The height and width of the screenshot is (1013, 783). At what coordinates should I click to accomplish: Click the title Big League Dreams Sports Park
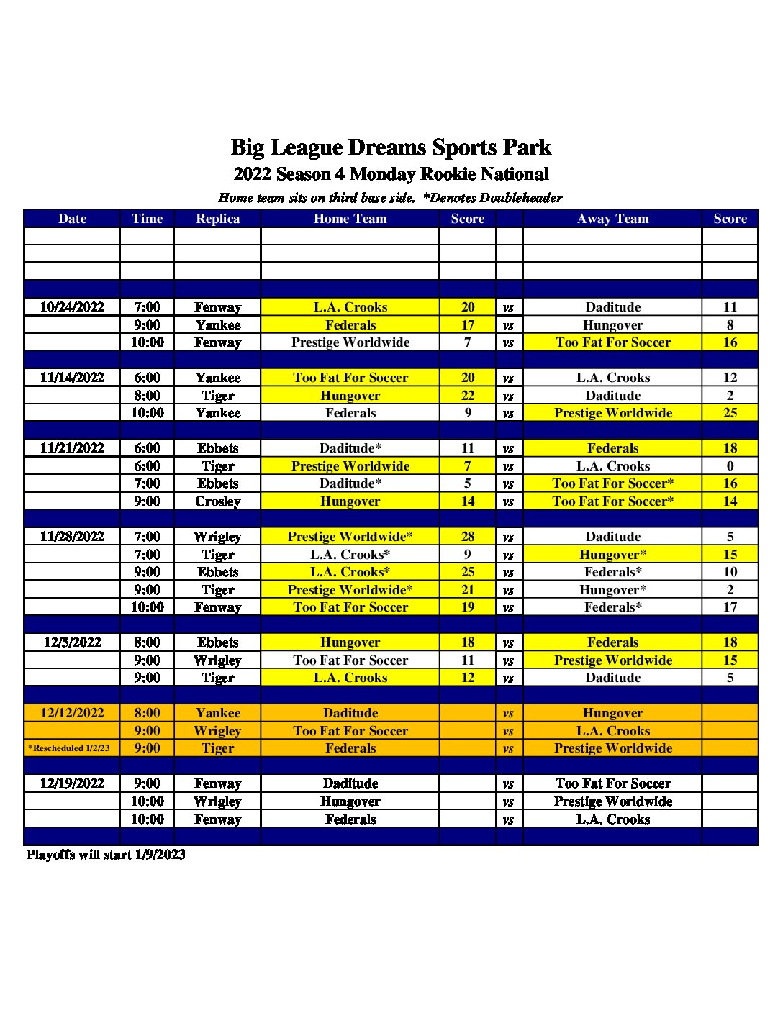click(391, 147)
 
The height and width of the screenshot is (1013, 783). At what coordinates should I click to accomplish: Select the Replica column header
click(217, 219)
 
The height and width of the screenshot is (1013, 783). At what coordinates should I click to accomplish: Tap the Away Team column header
click(612, 219)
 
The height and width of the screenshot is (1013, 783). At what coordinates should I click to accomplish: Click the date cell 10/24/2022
click(72, 307)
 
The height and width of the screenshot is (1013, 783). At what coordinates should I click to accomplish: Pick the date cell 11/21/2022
click(72, 448)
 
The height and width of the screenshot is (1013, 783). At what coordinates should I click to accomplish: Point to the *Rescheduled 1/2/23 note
click(69, 748)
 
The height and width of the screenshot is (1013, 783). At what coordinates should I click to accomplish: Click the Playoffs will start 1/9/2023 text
click(106, 855)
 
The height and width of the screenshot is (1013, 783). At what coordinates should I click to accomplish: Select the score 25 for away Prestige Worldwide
click(730, 413)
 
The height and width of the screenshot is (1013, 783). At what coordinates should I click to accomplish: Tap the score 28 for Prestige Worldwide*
click(468, 537)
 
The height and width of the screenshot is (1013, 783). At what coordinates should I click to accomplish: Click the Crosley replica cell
click(217, 501)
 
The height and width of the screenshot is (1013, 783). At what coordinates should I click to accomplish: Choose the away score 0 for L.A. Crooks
click(730, 466)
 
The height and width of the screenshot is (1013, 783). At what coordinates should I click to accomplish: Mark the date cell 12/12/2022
click(72, 713)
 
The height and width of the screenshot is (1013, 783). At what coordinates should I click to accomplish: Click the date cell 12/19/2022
click(72, 783)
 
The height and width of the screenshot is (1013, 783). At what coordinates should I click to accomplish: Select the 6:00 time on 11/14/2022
click(147, 378)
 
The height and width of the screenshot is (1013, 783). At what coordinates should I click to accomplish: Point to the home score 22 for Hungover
click(468, 396)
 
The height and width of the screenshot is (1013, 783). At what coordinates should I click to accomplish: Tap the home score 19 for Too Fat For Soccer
click(468, 607)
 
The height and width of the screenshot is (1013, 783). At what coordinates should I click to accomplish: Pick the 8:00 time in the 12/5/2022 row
click(147, 642)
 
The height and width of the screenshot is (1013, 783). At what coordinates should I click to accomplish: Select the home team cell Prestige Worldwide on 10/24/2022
click(350, 342)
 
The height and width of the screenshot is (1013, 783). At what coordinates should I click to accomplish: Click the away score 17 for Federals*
click(730, 607)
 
